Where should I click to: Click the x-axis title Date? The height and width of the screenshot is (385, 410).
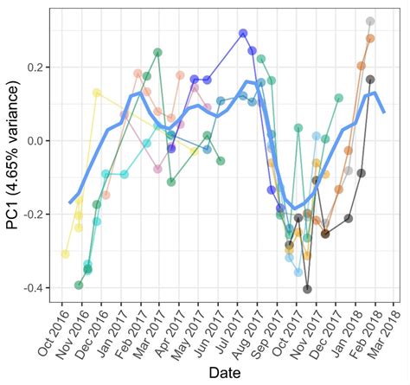tap(230, 372)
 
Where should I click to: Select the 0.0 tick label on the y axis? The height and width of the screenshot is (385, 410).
tap(39, 140)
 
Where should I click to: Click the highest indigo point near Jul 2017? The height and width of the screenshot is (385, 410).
tap(243, 33)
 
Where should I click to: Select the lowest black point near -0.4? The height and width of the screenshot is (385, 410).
tap(307, 289)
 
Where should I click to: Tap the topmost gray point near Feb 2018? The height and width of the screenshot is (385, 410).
tap(370, 21)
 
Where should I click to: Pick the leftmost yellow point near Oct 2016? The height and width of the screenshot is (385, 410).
tap(65, 253)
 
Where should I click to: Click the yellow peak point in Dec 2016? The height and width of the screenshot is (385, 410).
tap(97, 93)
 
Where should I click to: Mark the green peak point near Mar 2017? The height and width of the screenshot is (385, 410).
tap(157, 52)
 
